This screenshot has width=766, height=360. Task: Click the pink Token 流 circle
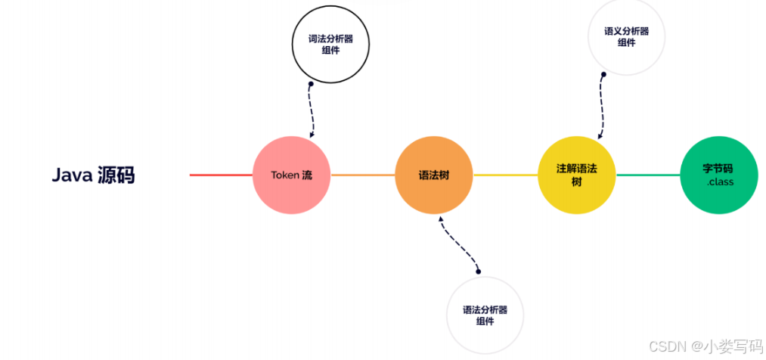[291, 175]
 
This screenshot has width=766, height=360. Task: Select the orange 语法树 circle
[434, 175]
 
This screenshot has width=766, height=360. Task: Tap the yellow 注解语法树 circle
[576, 175]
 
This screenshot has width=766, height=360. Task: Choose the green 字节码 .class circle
[718, 175]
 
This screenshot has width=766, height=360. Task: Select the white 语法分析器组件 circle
[485, 315]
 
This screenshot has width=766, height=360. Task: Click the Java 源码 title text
[93, 175]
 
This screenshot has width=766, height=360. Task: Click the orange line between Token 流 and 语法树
[363, 175]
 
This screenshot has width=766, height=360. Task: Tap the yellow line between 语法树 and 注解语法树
[505, 175]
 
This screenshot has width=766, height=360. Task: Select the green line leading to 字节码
[648, 175]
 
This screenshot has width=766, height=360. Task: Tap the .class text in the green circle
[720, 182]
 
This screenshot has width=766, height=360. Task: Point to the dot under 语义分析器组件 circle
[604, 74]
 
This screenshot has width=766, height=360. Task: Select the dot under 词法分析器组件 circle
[309, 85]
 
